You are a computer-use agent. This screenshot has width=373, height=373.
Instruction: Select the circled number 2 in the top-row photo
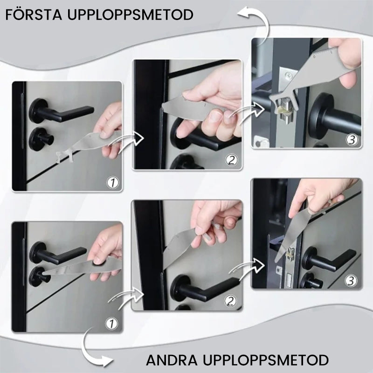[x=232, y=161]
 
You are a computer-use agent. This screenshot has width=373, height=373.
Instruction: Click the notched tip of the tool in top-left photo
[x=65, y=154]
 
